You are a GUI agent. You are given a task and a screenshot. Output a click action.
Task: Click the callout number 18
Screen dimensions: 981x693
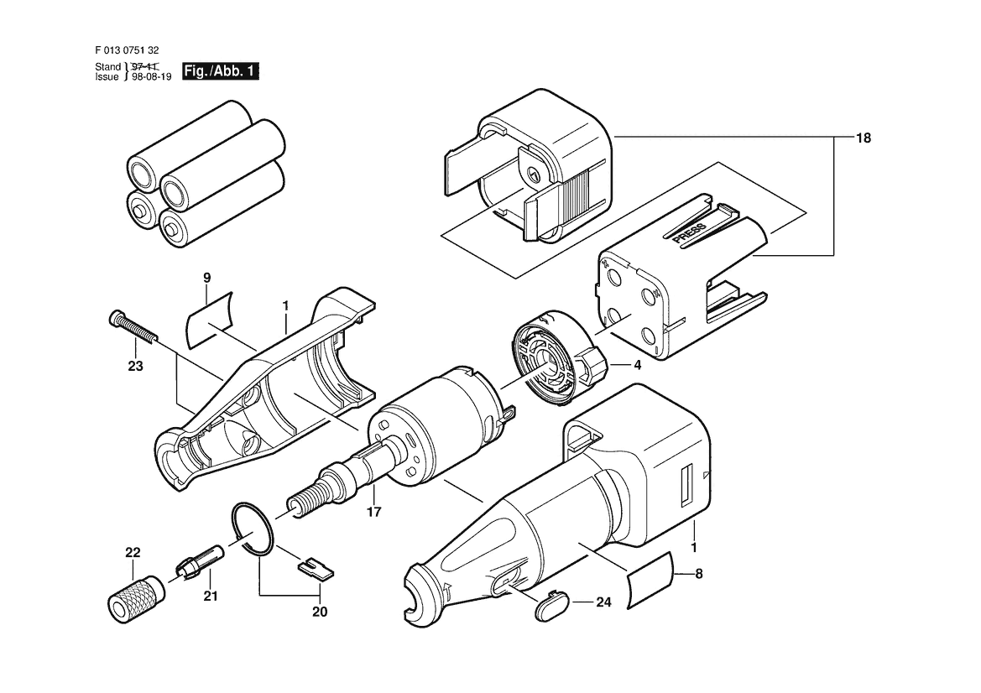[863, 138]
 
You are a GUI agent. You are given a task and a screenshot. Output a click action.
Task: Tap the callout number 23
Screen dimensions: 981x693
[135, 366]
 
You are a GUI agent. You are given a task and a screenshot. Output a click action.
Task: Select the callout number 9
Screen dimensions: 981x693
[207, 277]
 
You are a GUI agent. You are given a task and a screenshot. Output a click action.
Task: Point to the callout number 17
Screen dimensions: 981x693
[373, 512]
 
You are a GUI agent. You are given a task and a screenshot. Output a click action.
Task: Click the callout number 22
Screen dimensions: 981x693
[133, 552]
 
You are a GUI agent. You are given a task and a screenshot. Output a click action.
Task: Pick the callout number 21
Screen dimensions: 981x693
[211, 596]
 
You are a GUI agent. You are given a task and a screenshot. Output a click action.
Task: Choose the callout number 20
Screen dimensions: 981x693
[320, 612]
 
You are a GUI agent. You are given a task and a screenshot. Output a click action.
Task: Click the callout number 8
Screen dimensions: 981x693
[699, 573]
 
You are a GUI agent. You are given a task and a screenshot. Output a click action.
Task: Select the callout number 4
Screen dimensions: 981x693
[637, 365]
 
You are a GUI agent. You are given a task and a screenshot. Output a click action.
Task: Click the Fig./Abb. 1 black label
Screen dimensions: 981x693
[220, 71]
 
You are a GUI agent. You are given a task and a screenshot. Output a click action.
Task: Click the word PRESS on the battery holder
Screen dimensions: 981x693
[690, 232]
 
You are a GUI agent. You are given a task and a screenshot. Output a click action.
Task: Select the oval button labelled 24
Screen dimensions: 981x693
[553, 604]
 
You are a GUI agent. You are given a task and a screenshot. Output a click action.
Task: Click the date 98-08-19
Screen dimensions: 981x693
[152, 77]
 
